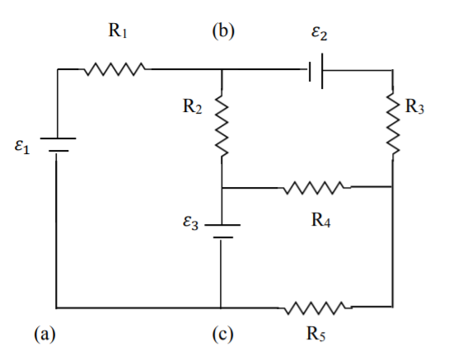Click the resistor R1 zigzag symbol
pyautogui.click(x=114, y=70)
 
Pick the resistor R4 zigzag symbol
pyautogui.click(x=315, y=188)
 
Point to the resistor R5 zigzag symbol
pyautogui.click(x=315, y=307)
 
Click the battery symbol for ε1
pyautogui.click(x=57, y=145)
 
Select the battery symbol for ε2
pyautogui.click(x=315, y=71)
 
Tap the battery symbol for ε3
pyautogui.click(x=222, y=230)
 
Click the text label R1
pyautogui.click(x=118, y=32)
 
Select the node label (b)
pyautogui.click(x=222, y=32)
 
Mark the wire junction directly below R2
pyautogui.click(x=222, y=188)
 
